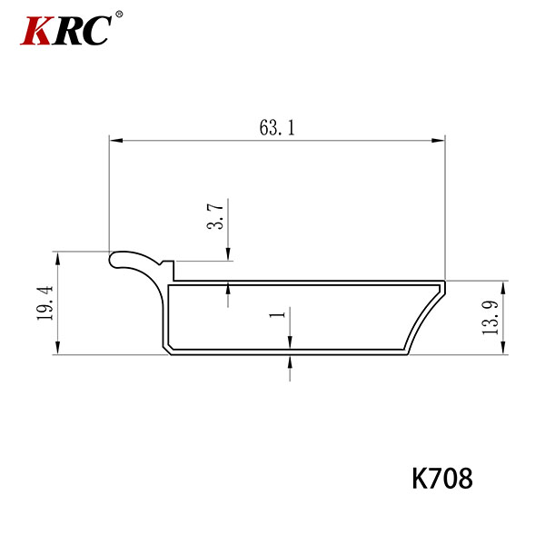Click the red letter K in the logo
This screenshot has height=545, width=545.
[x=36, y=31]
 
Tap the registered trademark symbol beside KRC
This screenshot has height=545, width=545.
[x=119, y=15]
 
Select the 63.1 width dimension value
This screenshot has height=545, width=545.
[x=277, y=127]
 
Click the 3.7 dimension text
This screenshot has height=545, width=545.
[x=215, y=216]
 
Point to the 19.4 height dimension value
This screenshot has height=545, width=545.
[x=45, y=302]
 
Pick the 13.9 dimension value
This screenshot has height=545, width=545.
[x=490, y=317]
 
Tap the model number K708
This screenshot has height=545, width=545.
[x=442, y=479]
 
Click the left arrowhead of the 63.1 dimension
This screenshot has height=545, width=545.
[x=116, y=141]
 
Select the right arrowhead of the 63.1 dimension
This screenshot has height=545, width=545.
[x=438, y=141]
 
